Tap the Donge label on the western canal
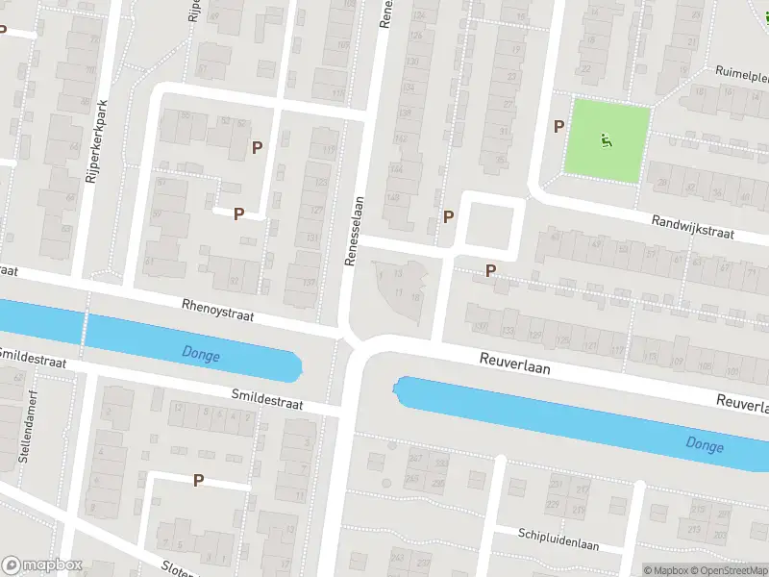coord(200,356)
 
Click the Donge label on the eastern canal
coord(705,443)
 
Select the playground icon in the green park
coord(606,141)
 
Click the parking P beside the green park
coord(558,126)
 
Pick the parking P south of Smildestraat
coord(199,480)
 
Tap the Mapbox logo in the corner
coord(41,565)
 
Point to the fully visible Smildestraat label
coord(266,399)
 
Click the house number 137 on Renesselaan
coord(309,283)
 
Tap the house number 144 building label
coord(395,169)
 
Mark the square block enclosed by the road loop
coord(490,224)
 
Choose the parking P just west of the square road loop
coord(448,217)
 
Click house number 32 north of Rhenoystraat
coord(234,281)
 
